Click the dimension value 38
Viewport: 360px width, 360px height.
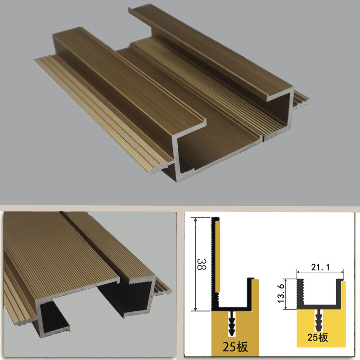tap(202, 264)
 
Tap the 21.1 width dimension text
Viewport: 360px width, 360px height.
tap(320, 267)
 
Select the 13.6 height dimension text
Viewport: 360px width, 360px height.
tap(281, 293)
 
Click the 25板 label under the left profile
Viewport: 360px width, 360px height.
tap(235, 346)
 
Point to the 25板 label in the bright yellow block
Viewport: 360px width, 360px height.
tap(318, 337)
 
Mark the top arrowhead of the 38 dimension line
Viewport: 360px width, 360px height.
tap(195, 220)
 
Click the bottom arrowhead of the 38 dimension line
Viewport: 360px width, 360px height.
tap(195, 309)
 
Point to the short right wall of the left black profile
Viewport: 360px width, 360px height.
tap(250, 292)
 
